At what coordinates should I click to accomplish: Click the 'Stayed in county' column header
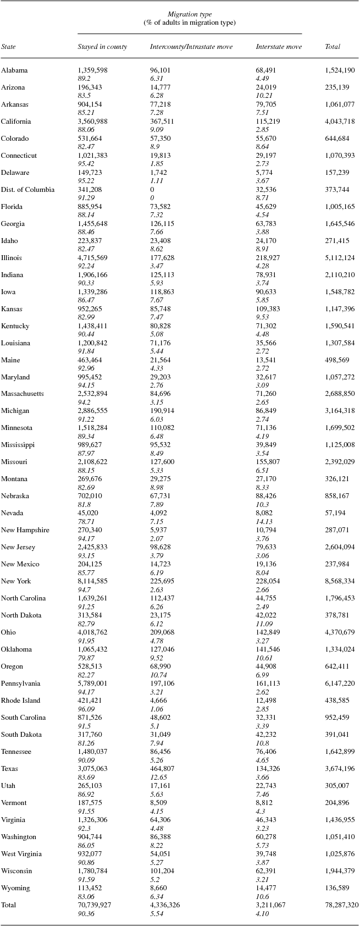click(102, 47)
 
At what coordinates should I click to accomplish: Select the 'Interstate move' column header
click(279, 47)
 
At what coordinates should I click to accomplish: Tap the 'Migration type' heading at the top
click(190, 14)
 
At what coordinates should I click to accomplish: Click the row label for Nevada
click(12, 513)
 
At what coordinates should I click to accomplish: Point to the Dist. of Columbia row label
click(27, 190)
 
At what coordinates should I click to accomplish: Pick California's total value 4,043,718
click(340, 122)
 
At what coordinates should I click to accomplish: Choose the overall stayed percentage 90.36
click(86, 913)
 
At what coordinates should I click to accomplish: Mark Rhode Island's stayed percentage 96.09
click(86, 709)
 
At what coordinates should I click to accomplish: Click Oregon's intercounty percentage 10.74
click(158, 675)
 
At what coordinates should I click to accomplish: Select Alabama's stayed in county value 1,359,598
click(93, 70)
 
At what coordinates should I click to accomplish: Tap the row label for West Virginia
click(21, 854)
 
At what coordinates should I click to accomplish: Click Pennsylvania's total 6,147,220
click(340, 684)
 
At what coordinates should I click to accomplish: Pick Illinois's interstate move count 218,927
click(268, 258)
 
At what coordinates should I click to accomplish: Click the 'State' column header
click(8, 47)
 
